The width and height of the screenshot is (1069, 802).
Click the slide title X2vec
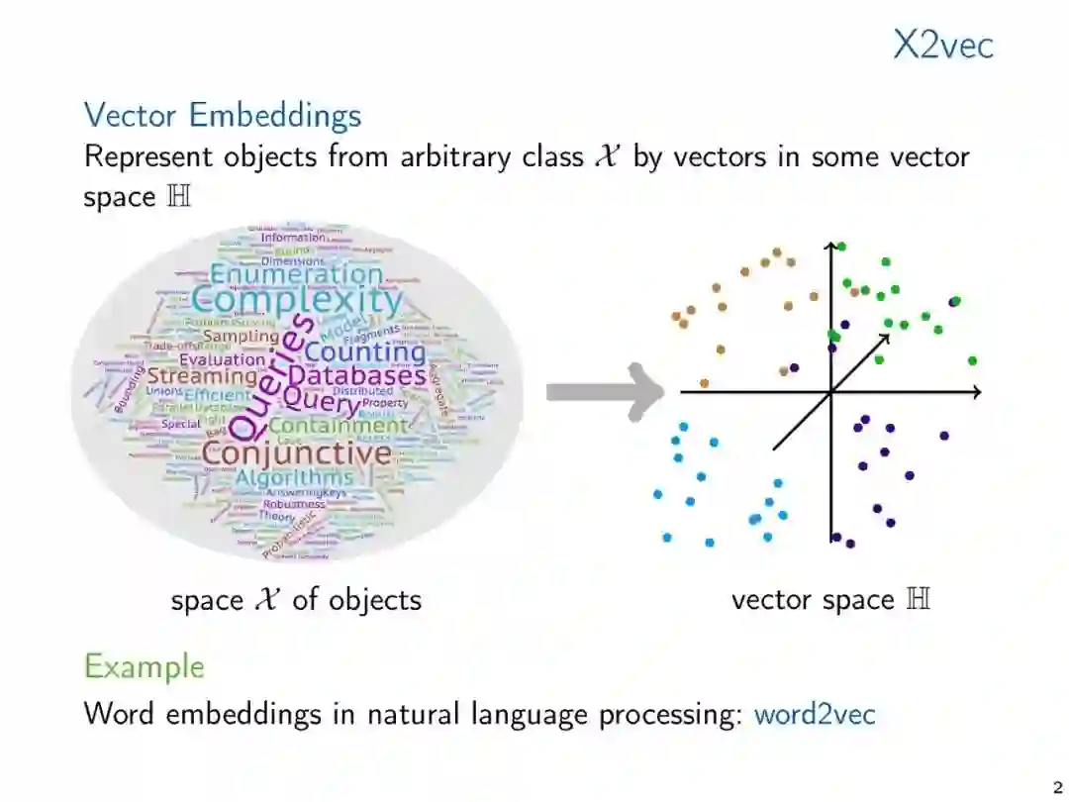pyautogui.click(x=942, y=46)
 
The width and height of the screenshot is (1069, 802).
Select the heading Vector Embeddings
pyautogui.click(x=223, y=115)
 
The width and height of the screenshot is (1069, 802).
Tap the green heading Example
pyautogui.click(x=145, y=666)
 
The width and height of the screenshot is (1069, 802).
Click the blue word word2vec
pyautogui.click(x=815, y=714)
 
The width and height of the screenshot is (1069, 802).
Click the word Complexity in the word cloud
pyautogui.click(x=297, y=300)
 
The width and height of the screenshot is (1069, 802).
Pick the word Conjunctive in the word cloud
pyautogui.click(x=297, y=453)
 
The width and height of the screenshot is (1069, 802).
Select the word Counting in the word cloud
pyautogui.click(x=364, y=351)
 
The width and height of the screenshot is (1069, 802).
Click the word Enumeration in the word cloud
pyautogui.click(x=296, y=274)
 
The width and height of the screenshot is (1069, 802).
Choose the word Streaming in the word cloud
pyautogui.click(x=202, y=376)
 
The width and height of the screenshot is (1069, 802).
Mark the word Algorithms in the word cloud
pyautogui.click(x=293, y=478)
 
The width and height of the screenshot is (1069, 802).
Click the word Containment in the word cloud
pyautogui.click(x=338, y=426)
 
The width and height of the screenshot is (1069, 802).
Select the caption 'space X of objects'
pyautogui.click(x=296, y=599)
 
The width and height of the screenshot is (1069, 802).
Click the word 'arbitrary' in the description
pyautogui.click(x=457, y=156)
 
